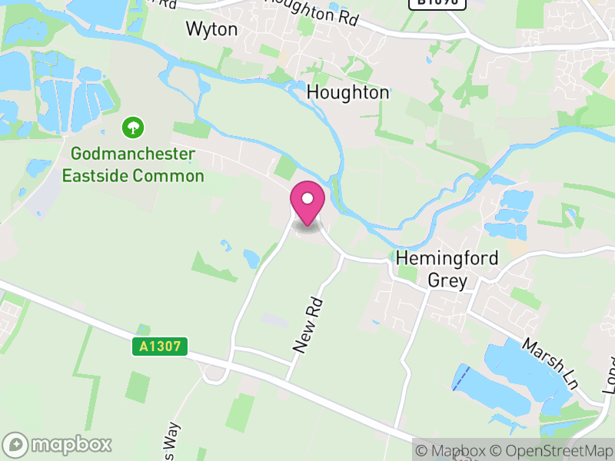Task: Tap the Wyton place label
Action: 211,29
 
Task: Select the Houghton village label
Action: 347,92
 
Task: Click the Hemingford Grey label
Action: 447,269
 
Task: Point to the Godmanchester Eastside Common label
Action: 133,164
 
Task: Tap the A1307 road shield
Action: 160,347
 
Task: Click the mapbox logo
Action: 58,444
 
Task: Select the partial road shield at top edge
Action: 437,3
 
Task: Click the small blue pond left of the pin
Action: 251,258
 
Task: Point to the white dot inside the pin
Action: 307,198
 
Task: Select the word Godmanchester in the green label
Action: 133,154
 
